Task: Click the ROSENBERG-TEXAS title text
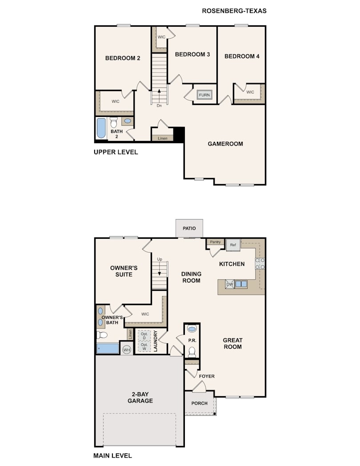(234, 11)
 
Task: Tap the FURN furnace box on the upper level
(204, 95)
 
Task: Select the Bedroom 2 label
(123, 58)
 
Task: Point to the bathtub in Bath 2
(101, 128)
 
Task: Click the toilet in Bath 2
(113, 122)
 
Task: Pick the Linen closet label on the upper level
(163, 138)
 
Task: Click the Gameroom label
(225, 144)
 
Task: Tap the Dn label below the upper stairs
(159, 105)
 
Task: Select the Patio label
(189, 228)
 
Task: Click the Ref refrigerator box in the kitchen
(233, 245)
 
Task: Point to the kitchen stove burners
(260, 264)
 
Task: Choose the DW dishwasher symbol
(230, 284)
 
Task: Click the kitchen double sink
(241, 284)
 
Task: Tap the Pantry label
(216, 242)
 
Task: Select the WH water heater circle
(127, 349)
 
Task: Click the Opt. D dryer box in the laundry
(144, 336)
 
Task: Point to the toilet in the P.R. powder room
(192, 352)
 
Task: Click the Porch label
(199, 403)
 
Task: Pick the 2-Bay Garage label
(140, 398)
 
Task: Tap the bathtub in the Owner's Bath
(108, 348)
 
